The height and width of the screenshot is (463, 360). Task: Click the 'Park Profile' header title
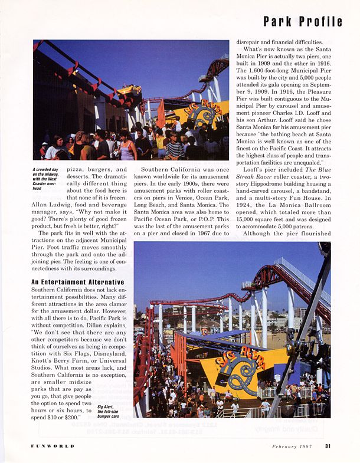tap(302, 22)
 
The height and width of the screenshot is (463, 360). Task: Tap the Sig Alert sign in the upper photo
tap(205, 113)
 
